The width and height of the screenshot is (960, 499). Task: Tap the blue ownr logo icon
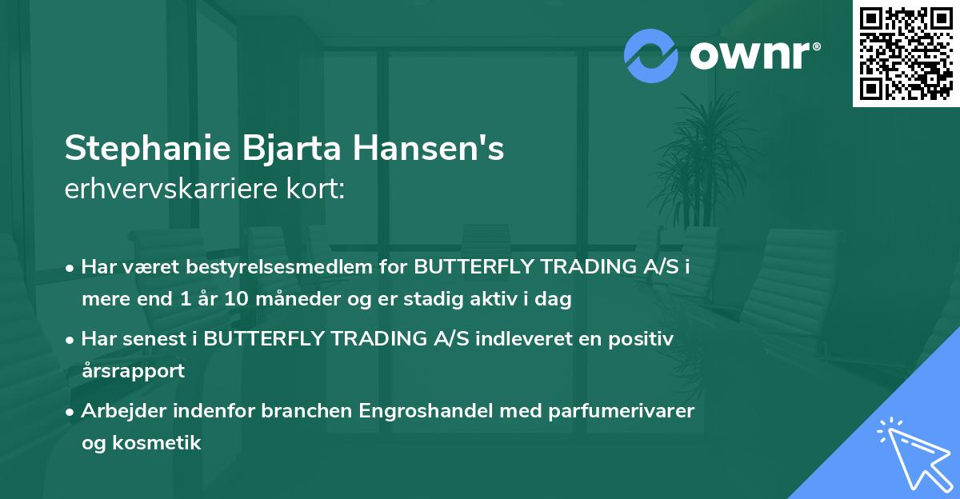coord(649,56)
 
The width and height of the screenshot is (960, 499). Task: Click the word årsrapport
coord(133,370)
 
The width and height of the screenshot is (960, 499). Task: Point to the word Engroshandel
coord(414,410)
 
